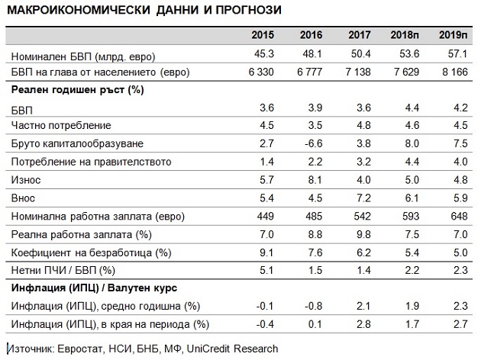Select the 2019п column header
click(x=453, y=35)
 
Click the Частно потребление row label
click(x=62, y=125)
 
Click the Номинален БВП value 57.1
click(x=456, y=54)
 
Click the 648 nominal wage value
click(x=458, y=217)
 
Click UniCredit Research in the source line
click(x=236, y=349)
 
